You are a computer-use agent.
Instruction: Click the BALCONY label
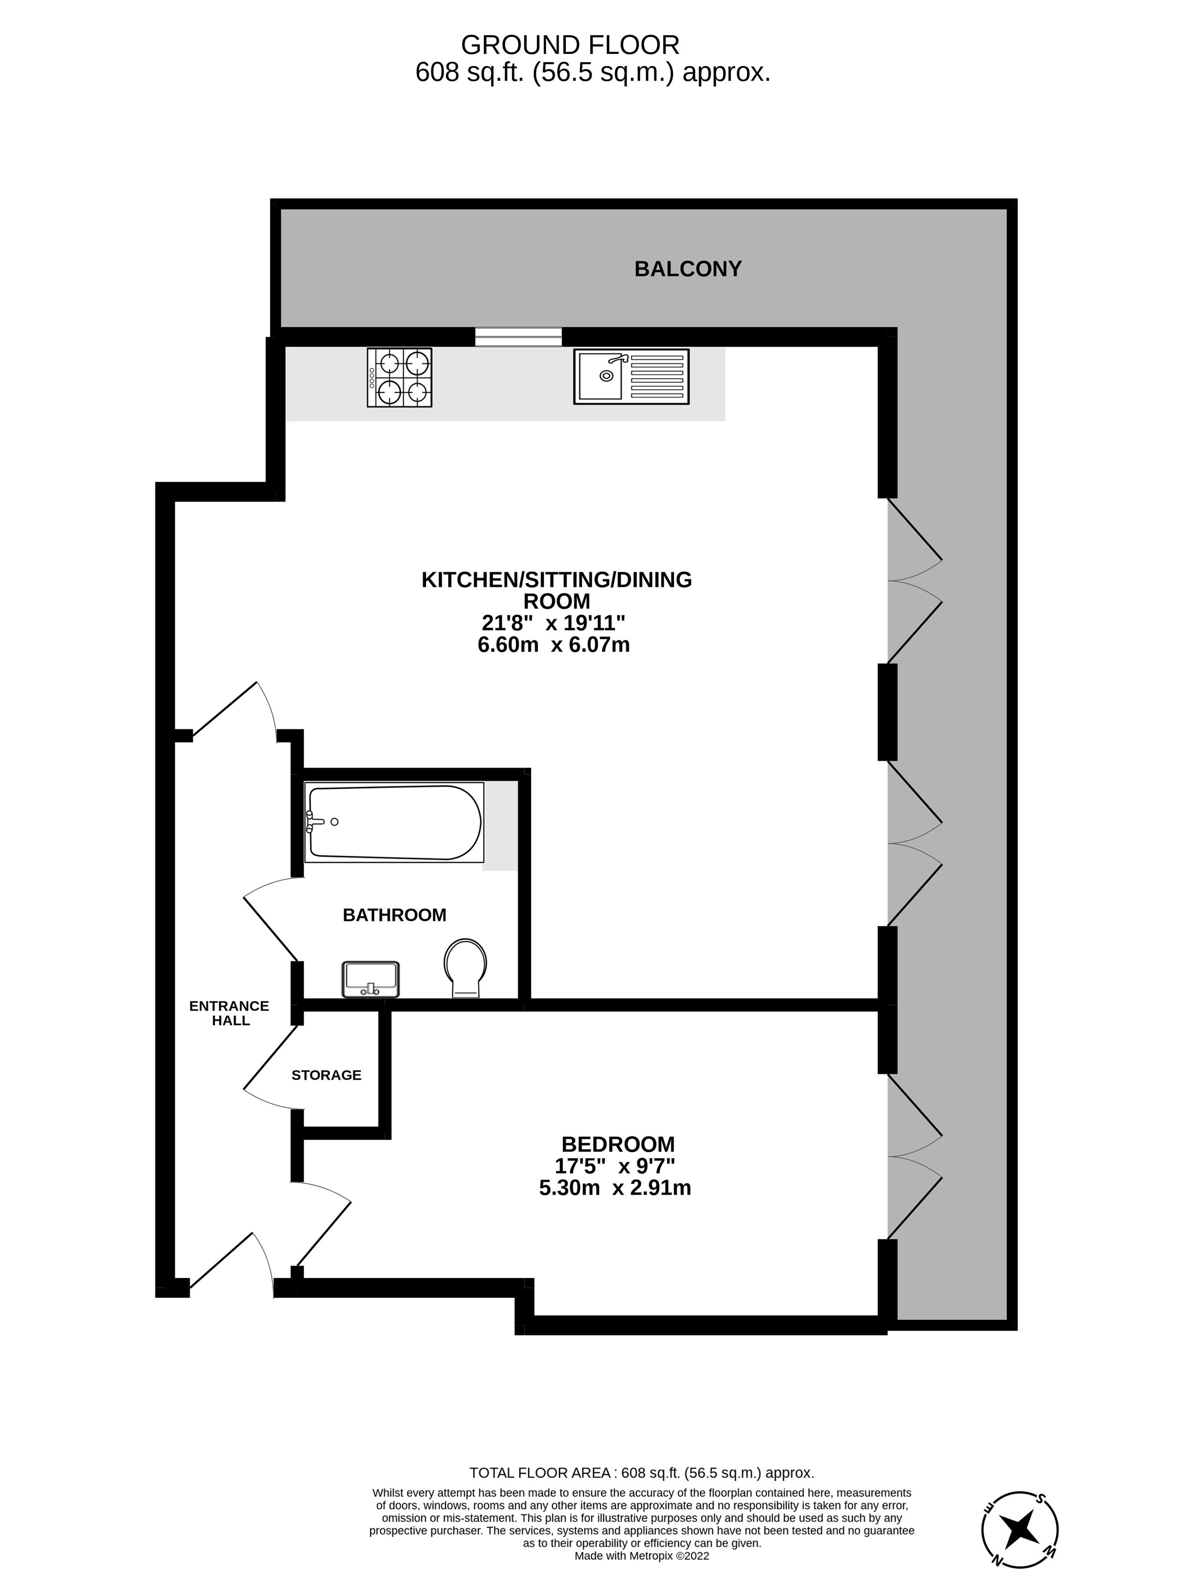(x=688, y=268)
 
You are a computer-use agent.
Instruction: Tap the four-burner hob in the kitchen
(x=399, y=377)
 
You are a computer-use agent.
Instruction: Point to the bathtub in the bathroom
(x=394, y=822)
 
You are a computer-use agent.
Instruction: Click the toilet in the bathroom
(x=465, y=967)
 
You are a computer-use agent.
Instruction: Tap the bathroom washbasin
(x=370, y=979)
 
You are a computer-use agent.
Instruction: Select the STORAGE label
(x=326, y=1074)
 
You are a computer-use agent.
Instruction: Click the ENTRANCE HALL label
(x=230, y=1012)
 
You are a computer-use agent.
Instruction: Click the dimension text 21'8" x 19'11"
(x=553, y=623)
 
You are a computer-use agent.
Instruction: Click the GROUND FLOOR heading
(x=570, y=45)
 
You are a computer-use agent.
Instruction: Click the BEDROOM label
(x=618, y=1144)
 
